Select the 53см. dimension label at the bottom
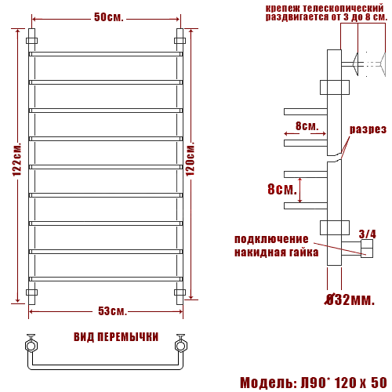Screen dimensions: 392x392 (x=107, y=312)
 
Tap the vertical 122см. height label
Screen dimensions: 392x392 (x=17, y=166)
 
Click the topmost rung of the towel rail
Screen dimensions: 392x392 (x=106, y=54)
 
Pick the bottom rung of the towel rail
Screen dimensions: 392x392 (x=106, y=279)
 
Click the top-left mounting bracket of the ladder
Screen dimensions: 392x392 (x=31, y=41)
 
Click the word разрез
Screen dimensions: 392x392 (x=368, y=129)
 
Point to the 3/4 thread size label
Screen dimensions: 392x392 (x=366, y=234)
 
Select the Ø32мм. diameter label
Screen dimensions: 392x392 (x=350, y=299)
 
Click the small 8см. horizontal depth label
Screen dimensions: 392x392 (x=306, y=126)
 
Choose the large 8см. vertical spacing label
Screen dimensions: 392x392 (x=282, y=190)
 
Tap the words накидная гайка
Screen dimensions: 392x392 (x=276, y=252)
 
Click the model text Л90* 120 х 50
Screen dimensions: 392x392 (x=342, y=383)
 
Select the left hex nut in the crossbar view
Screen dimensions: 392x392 (x=31, y=343)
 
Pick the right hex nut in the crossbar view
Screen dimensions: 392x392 (x=180, y=343)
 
